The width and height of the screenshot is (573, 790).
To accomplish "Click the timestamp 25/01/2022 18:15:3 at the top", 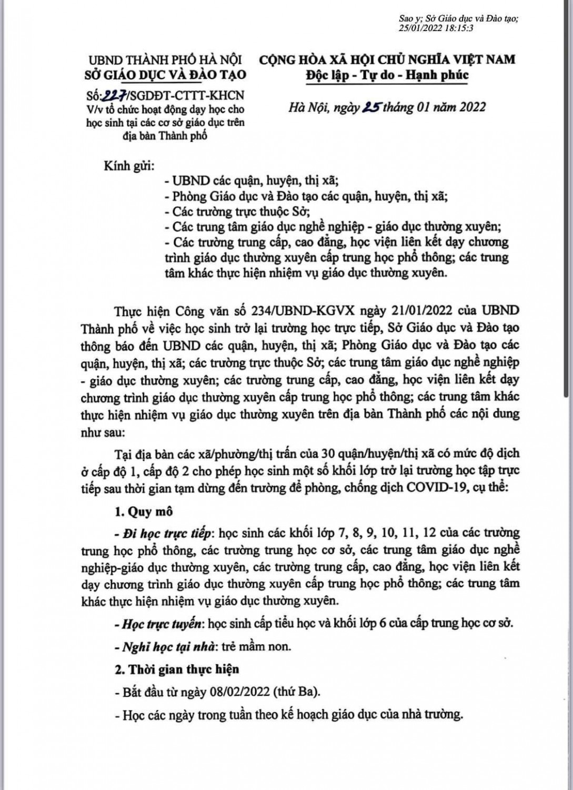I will pos(436,28).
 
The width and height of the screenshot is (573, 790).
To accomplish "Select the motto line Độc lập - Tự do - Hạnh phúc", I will pos(387,75).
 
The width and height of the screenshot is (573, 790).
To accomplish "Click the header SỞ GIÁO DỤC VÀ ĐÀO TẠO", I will pos(165,75).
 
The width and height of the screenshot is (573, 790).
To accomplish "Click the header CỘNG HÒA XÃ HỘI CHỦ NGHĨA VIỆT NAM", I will pos(387,58).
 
